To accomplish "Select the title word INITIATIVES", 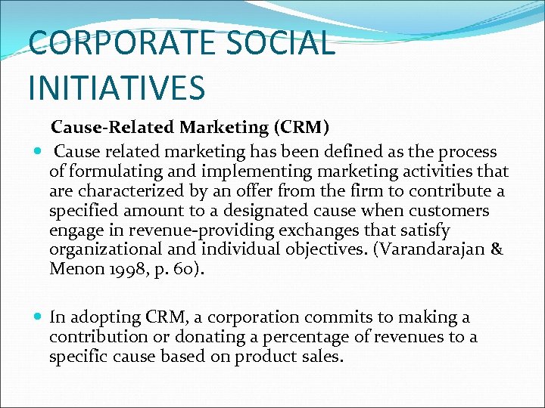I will tap(117, 86).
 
